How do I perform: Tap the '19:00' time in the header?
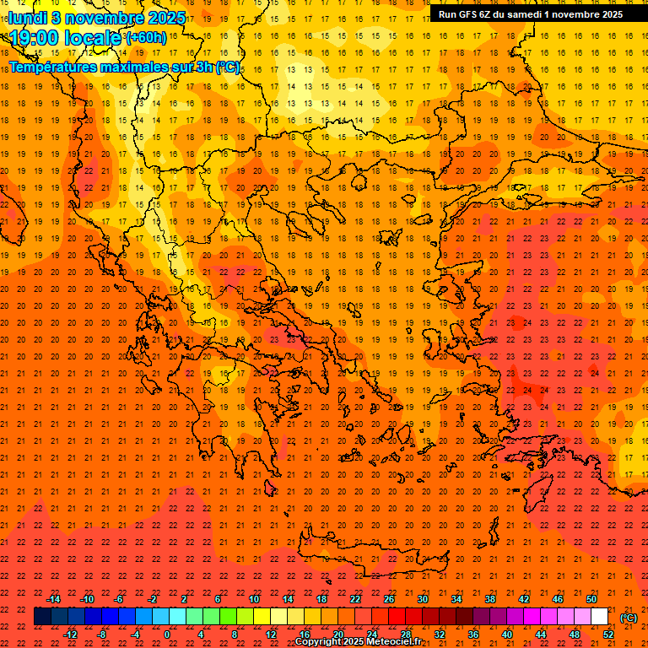39,38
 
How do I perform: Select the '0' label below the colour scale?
167,634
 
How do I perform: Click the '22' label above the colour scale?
354,599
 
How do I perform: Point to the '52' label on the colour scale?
608,634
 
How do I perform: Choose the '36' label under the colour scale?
473,634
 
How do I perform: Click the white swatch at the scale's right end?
600,617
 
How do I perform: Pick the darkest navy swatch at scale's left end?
42,617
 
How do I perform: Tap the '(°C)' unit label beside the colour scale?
629,618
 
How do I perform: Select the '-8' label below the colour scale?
102,634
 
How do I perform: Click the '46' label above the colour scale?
558,599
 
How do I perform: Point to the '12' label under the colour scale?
271,634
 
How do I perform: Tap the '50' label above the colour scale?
591,599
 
